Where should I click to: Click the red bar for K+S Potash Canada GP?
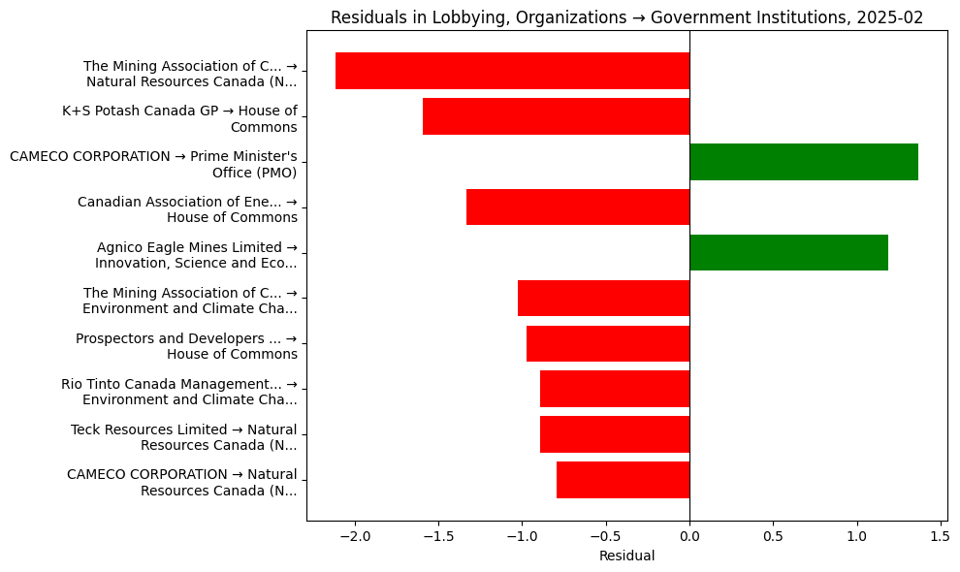556,116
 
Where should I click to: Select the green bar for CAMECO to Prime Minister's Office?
804,162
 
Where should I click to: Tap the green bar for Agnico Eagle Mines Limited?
788,252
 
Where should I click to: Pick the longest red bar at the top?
512,71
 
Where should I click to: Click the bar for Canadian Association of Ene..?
578,207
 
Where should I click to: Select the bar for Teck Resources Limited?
615,434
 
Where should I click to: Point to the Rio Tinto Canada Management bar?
615,389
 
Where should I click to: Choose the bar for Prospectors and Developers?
608,343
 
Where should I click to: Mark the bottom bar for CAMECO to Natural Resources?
623,480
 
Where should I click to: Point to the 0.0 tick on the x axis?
689,535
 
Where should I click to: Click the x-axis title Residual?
626,556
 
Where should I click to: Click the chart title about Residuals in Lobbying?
626,17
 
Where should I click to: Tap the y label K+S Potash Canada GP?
179,118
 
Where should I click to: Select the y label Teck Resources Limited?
183,437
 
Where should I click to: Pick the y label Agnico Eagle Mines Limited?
196,255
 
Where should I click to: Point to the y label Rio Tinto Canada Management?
178,392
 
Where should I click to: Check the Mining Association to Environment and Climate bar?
603,298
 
